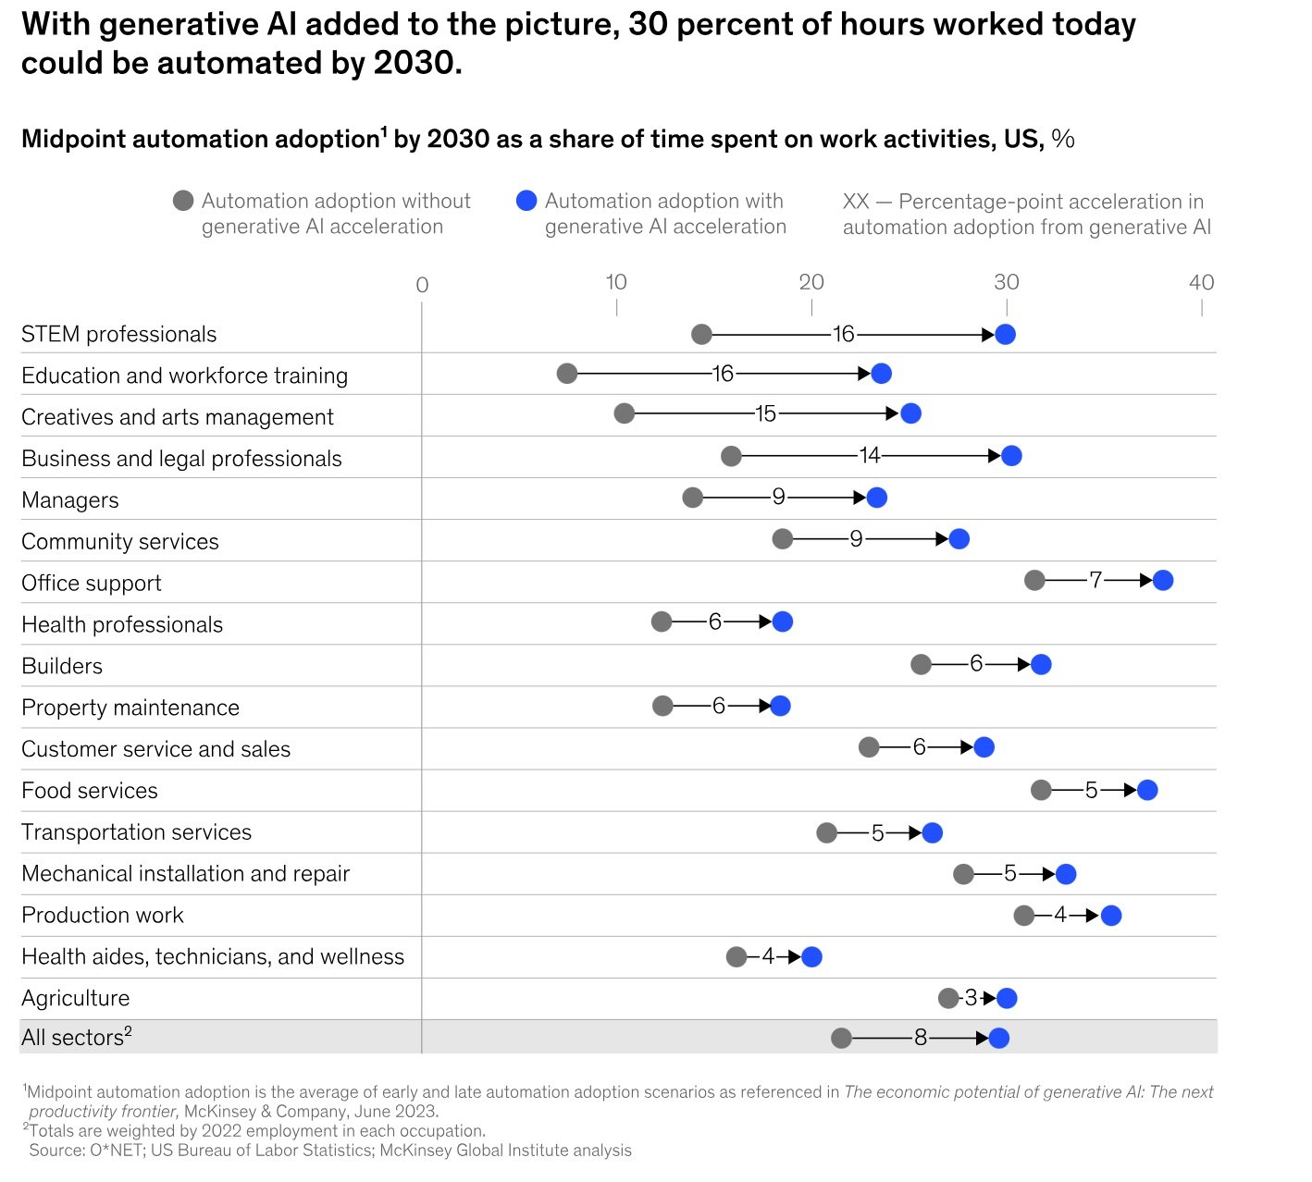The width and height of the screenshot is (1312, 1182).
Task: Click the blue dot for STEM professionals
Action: [1005, 334]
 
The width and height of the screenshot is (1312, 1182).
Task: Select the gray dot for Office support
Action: [1034, 580]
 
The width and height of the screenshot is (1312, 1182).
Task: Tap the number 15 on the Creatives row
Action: [765, 413]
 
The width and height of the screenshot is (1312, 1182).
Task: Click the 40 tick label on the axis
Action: [1201, 283]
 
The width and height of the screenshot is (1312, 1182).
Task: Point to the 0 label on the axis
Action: [422, 286]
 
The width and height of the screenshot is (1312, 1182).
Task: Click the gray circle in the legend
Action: [183, 201]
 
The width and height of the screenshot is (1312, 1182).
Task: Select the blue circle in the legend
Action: [526, 201]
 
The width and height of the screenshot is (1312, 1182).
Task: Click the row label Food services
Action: [90, 791]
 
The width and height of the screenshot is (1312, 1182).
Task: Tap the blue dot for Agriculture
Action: [1007, 998]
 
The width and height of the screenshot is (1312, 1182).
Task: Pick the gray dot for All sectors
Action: [841, 1038]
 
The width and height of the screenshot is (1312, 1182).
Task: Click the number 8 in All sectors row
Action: [920, 1038]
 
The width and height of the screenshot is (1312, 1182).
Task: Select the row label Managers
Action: [70, 500]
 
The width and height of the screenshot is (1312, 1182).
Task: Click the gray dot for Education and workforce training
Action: [567, 374]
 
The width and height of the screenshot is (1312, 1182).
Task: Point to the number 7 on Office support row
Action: [1095, 580]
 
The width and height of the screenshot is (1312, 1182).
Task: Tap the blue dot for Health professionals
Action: [782, 622]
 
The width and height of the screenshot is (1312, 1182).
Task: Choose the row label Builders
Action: [62, 666]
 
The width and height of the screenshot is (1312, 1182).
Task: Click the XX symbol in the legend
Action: [856, 202]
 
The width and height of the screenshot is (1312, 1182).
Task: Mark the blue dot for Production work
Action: [1111, 916]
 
